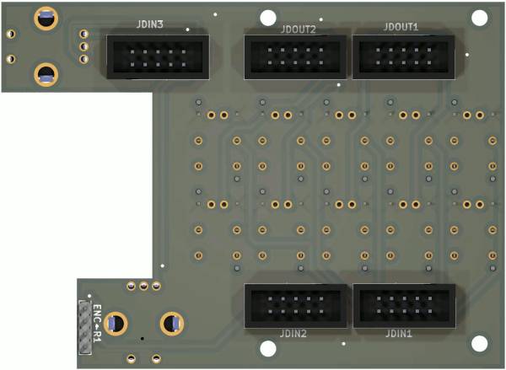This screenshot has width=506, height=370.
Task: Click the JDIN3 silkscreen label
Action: (150, 24)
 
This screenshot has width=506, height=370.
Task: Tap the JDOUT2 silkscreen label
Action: (299, 29)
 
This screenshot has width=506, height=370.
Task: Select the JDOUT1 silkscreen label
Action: (401, 27)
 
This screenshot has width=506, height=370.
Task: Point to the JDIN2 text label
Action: (293, 334)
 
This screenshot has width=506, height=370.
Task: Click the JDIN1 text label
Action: (399, 334)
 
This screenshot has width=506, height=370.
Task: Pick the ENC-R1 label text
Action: (97, 324)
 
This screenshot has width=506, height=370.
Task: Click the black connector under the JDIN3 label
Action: (159, 57)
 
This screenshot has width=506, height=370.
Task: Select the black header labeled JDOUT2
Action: (296, 57)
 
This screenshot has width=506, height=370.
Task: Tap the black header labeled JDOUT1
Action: (404, 57)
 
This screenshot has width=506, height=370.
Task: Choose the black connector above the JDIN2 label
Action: (296, 305)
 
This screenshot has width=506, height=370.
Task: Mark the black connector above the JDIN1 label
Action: (404, 305)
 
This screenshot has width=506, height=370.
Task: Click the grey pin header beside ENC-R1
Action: (85, 327)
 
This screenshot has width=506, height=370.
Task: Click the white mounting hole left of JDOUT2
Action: (268, 18)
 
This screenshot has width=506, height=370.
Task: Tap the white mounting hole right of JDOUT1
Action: (480, 18)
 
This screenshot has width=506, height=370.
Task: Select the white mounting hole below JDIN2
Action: (268, 349)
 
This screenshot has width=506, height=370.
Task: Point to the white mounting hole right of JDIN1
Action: (480, 344)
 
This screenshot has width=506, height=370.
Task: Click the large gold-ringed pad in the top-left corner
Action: (46, 19)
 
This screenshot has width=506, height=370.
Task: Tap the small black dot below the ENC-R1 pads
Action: (143, 339)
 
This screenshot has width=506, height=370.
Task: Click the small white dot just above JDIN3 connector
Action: (187, 29)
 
